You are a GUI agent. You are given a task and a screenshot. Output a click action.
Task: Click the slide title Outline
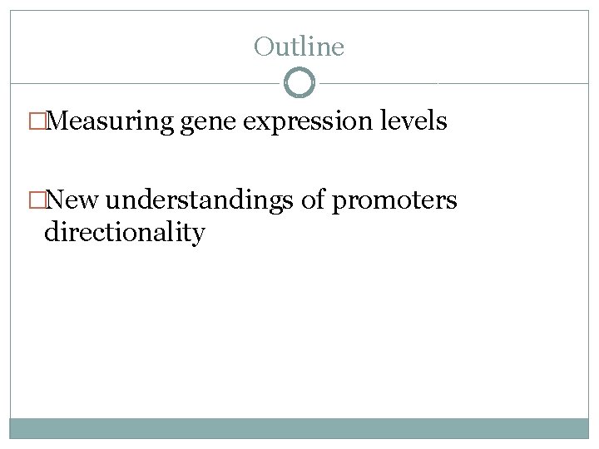299,47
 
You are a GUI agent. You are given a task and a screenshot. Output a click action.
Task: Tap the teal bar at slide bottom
299,428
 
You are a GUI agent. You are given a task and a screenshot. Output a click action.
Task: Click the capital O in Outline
264,47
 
